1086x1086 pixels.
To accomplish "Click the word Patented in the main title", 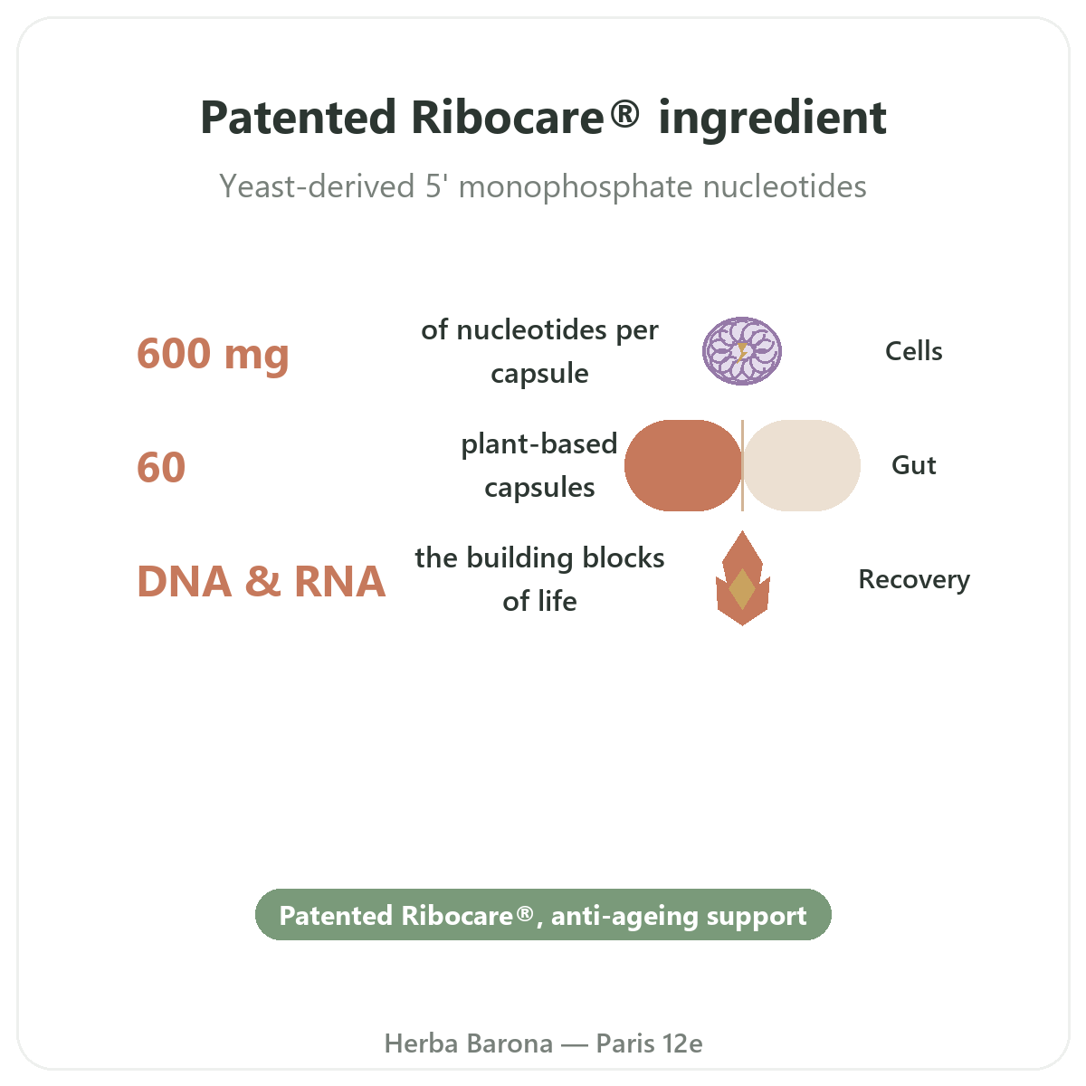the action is coord(298,118).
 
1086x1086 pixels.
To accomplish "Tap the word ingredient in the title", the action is coord(773,120).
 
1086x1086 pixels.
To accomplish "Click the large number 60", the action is coord(161,467).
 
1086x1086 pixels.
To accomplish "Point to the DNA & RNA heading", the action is coord(262,581).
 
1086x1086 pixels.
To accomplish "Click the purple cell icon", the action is coord(742,351).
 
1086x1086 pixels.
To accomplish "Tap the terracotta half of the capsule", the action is coord(682,465).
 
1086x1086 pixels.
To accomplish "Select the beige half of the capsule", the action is coord(802,465).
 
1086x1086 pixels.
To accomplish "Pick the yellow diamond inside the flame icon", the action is coord(742,589).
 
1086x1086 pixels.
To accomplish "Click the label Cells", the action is coord(913,351).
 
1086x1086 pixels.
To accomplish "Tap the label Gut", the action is coord(913,465).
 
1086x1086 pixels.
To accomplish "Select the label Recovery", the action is coord(914,580).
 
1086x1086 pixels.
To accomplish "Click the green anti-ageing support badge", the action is coord(543,916).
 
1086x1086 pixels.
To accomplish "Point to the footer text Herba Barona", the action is coord(468,1043).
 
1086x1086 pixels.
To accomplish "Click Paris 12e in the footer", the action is coord(649,1043).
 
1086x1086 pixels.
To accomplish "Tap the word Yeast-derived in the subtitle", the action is coord(317,186).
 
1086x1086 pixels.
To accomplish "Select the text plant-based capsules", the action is coord(539,466).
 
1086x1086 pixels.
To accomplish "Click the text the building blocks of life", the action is coord(539,580).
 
